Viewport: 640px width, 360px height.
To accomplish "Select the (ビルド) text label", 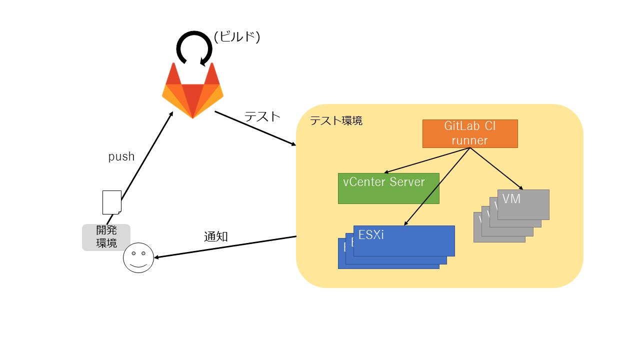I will (x=237, y=37).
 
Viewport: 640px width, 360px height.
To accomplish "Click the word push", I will (x=121, y=156).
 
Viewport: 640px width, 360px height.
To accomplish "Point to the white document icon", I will (x=111, y=202).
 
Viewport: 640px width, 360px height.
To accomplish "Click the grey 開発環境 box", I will (x=106, y=237).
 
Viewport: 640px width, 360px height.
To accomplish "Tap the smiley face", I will (x=138, y=257).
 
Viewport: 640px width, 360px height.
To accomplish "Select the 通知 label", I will (x=216, y=237).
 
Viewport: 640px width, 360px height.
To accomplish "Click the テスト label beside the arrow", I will (x=262, y=116).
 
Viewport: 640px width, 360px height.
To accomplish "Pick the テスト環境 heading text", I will (x=336, y=120).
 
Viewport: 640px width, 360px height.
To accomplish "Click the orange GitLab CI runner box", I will (x=469, y=133).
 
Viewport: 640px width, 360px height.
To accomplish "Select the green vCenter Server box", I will (x=388, y=188).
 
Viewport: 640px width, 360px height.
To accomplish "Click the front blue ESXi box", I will (x=404, y=240).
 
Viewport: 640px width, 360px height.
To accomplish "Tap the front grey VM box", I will (x=523, y=204).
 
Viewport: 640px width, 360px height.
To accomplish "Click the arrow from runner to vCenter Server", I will (x=427, y=160).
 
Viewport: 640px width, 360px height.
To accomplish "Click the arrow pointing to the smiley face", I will (x=225, y=247).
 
